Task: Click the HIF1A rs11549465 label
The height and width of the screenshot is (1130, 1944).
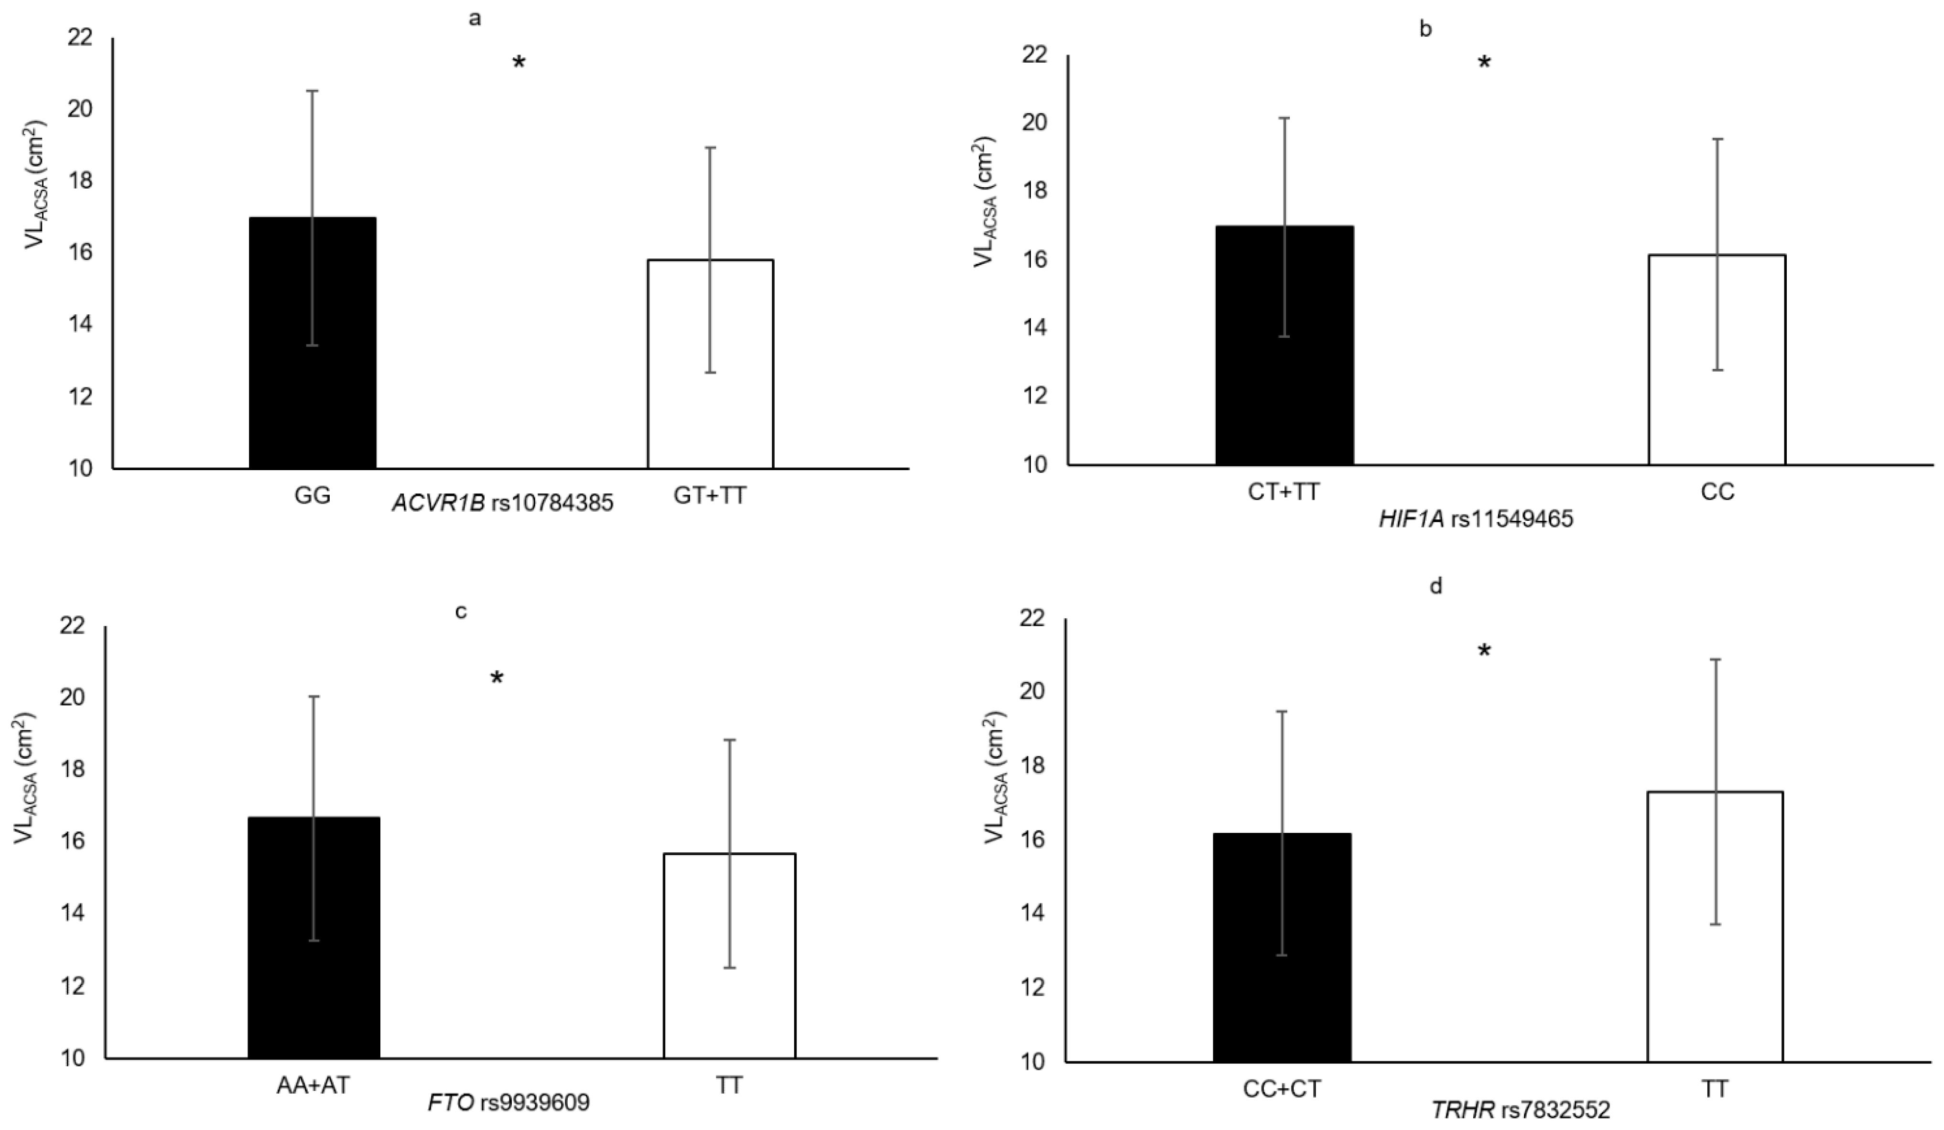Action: click(x=1476, y=519)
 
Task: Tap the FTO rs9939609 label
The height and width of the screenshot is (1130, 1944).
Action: click(x=508, y=1103)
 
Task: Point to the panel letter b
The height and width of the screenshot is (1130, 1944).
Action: click(x=1426, y=29)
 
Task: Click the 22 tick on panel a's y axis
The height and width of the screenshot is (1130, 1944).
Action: click(x=79, y=37)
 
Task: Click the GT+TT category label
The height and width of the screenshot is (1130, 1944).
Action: click(x=710, y=495)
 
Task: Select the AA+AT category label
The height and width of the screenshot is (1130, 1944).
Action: click(x=313, y=1085)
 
